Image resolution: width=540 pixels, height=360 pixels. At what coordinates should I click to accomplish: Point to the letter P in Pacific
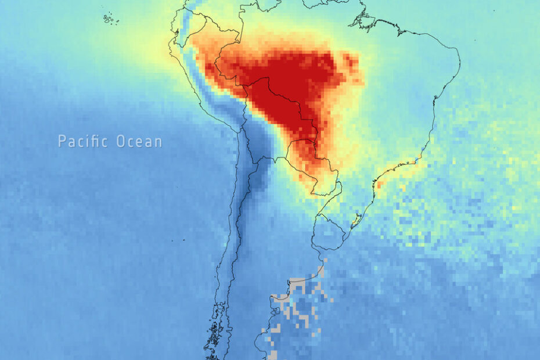click(62, 141)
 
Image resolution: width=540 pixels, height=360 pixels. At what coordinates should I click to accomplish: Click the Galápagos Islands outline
click(109, 19)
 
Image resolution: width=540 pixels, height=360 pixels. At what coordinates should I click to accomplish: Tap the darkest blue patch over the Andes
click(255, 177)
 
